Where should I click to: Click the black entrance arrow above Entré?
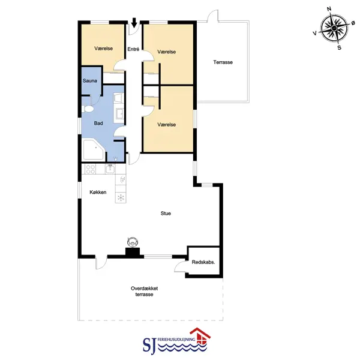[x=134, y=23]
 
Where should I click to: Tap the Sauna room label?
[x=90, y=81]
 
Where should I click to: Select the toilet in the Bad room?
[x=88, y=109]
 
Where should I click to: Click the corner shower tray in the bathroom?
[x=94, y=149]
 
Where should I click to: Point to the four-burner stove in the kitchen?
[x=90, y=169]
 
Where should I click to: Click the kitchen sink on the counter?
[x=110, y=169]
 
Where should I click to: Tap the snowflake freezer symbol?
[x=121, y=197]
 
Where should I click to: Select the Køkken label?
[x=98, y=193]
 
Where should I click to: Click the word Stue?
[x=166, y=214]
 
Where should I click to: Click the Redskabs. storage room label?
[x=203, y=262]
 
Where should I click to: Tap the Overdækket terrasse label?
[x=144, y=292]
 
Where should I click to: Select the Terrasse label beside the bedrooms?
[x=223, y=62]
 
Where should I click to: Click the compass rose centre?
[x=334, y=28]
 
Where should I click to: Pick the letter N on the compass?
[x=329, y=9]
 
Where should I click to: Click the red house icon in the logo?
[x=200, y=337]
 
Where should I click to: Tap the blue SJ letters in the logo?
[x=149, y=345]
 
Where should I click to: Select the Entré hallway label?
[x=133, y=49]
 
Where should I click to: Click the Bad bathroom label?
[x=98, y=123]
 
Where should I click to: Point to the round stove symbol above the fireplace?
[x=133, y=242]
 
